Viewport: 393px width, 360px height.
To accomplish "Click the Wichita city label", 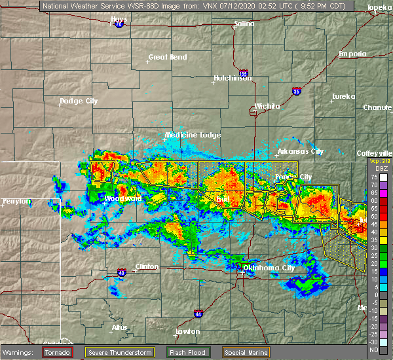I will click(x=267, y=106).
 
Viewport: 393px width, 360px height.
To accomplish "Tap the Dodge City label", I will click(x=79, y=101).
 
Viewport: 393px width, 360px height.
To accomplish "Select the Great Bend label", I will click(x=168, y=57).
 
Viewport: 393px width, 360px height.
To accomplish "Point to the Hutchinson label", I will click(x=233, y=79).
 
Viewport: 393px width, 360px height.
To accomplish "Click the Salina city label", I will click(x=244, y=25).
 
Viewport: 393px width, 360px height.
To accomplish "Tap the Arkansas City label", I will click(x=300, y=152).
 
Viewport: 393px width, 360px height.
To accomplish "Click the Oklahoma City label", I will click(x=269, y=268).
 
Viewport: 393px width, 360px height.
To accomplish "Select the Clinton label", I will click(x=147, y=266).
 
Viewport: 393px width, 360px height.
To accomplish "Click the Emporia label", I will click(x=352, y=54).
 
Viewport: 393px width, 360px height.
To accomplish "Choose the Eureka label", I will click(x=343, y=96).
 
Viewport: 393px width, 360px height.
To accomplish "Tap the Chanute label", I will click(x=378, y=107).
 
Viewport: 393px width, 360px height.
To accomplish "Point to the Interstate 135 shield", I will click(x=244, y=74).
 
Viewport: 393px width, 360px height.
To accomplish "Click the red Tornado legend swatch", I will click(x=58, y=353).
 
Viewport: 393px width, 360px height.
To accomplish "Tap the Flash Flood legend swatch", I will click(x=175, y=353).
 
